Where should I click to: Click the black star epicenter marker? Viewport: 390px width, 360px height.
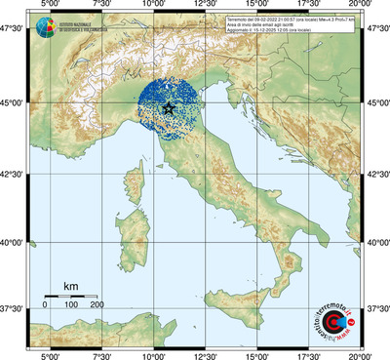171,108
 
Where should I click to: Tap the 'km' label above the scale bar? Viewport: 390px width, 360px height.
70,286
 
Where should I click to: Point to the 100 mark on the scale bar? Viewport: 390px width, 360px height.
71,305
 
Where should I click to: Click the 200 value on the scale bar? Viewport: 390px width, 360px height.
97,305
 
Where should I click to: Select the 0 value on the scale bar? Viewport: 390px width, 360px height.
46,305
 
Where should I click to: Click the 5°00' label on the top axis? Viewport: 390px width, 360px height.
49,7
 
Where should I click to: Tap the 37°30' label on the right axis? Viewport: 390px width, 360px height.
376,309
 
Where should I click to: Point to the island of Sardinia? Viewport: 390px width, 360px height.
135,223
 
